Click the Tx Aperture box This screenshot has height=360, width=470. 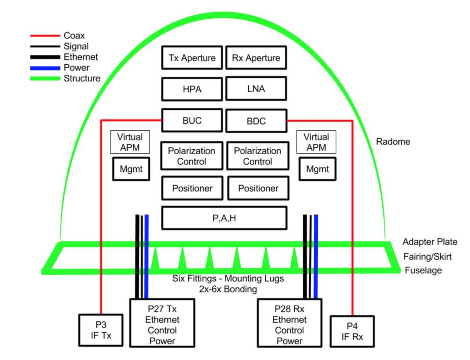(x=192, y=58)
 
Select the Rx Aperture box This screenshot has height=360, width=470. (x=256, y=58)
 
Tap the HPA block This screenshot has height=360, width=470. (x=192, y=89)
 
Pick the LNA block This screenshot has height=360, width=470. (x=256, y=89)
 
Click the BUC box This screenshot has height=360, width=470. (x=192, y=121)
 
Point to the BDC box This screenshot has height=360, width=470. (x=256, y=121)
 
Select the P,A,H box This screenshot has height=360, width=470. (x=224, y=218)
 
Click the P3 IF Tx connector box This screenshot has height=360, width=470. (x=101, y=330)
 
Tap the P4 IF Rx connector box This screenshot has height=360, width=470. (x=352, y=331)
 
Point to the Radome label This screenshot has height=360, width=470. (x=393, y=142)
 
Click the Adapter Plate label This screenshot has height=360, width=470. (x=430, y=242)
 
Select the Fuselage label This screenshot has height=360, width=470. (x=423, y=270)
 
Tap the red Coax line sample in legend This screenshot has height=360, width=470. (x=45, y=36)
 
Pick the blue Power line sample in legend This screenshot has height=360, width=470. (x=45, y=68)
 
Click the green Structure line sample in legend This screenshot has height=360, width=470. (x=45, y=79)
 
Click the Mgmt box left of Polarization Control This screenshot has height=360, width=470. (x=131, y=169)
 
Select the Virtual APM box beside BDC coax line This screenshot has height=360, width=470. (x=316, y=142)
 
